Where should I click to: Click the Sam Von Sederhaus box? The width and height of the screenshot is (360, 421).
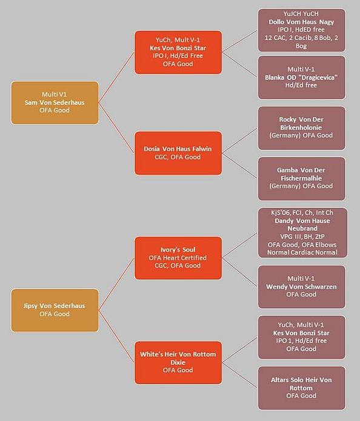pyautogui.click(x=55, y=103)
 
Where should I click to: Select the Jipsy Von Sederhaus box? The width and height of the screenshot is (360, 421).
pyautogui.click(x=55, y=310)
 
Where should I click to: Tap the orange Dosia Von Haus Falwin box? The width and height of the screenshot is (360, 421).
pyautogui.click(x=178, y=153)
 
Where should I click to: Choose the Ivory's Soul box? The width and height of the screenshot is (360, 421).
pyautogui.click(x=178, y=258)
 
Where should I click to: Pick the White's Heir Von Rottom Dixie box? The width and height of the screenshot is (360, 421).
pyautogui.click(x=178, y=363)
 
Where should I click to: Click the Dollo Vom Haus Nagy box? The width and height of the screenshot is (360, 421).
pyautogui.click(x=302, y=30)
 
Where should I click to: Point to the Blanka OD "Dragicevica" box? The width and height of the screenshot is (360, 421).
pyautogui.click(x=302, y=77)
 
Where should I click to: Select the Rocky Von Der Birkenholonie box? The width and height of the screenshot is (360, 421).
pyautogui.click(x=302, y=128)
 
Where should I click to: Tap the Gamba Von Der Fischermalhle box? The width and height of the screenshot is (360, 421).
pyautogui.click(x=302, y=178)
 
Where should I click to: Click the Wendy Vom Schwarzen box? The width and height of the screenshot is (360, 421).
pyautogui.click(x=302, y=287)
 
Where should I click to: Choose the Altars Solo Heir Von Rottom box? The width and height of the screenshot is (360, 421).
pyautogui.click(x=302, y=388)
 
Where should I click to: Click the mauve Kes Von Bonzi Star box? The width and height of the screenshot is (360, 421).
pyautogui.click(x=302, y=337)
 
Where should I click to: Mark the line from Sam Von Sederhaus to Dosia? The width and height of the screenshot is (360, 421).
pyautogui.click(x=116, y=128)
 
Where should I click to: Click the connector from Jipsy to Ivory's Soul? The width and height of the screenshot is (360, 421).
pyautogui.click(x=116, y=284)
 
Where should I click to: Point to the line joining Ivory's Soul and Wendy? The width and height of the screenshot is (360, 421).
pyautogui.click(x=240, y=272)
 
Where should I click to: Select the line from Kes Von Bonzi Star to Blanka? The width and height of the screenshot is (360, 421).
pyautogui.click(x=240, y=65)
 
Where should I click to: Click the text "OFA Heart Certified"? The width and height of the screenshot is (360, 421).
pyautogui.click(x=178, y=258)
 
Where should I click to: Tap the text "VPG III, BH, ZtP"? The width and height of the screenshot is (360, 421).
pyautogui.click(x=302, y=237)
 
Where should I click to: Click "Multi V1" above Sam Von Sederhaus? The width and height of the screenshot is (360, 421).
pyautogui.click(x=54, y=95)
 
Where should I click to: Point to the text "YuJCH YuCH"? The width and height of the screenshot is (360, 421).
pyautogui.click(x=301, y=14)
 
